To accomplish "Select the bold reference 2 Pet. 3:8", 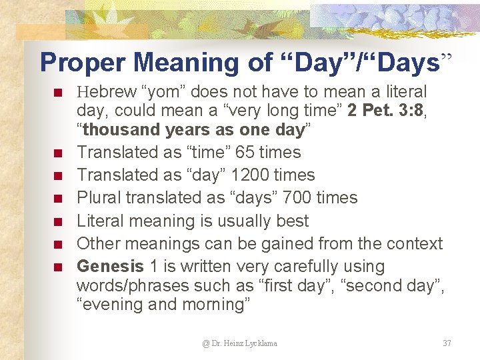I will tap(386, 111).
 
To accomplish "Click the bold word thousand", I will tap(122, 129).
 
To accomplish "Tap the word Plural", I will tap(99, 198).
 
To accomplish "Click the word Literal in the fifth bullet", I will tap(101, 221).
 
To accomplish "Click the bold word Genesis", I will tap(110, 266).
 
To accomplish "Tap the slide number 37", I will tap(447, 343).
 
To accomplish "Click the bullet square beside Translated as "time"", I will tap(58, 153).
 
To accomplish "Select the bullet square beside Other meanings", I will tap(58, 245).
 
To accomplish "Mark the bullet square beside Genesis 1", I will tap(58, 267).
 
